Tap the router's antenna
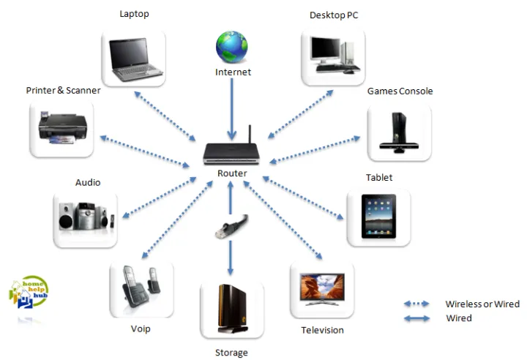tap(249, 135)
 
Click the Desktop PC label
tap(334, 15)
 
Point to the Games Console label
tap(400, 91)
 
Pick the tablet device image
tap(378, 217)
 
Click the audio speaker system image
tap(85, 219)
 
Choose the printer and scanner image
tap(63, 129)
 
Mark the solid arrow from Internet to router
tap(232, 108)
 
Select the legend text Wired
tap(459, 318)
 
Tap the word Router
tap(232, 173)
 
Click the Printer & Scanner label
tap(63, 91)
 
